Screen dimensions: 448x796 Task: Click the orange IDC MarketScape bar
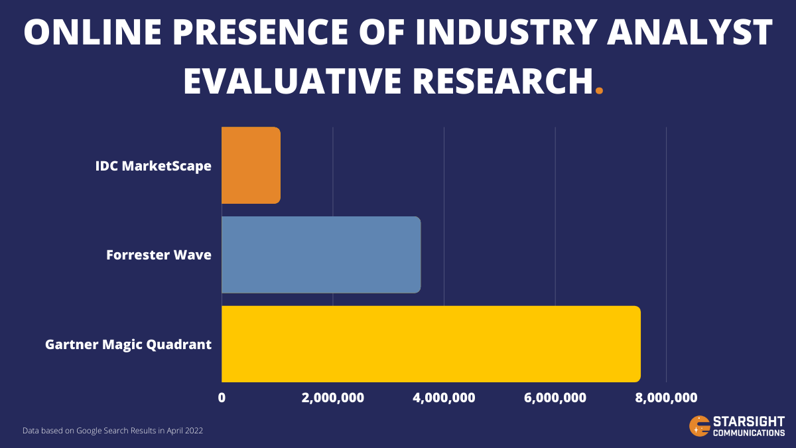point(251,165)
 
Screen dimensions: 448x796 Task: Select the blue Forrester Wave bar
point(321,255)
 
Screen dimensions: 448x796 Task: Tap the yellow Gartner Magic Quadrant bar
point(431,344)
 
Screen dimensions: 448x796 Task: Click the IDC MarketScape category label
point(153,166)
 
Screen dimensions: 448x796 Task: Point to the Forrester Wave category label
point(159,255)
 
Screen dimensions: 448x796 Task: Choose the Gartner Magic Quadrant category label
point(128,344)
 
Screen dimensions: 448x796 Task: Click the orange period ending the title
point(600,92)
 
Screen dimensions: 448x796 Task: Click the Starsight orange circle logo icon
point(699,425)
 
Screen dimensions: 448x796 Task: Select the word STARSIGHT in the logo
point(748,421)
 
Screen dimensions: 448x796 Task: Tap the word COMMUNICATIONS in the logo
point(748,433)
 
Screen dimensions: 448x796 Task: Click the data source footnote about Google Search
point(113,431)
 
